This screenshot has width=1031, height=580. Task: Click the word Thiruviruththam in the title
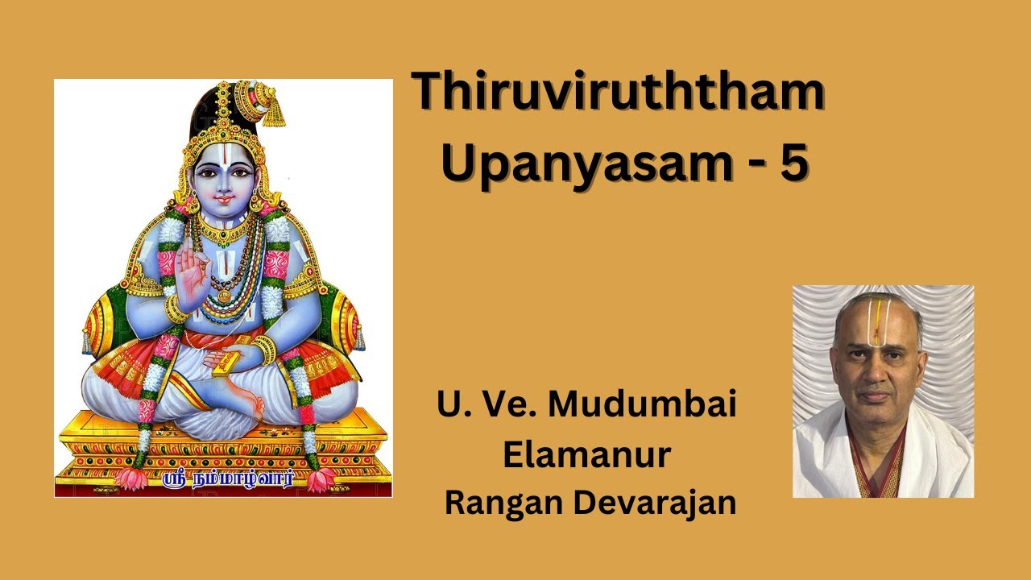pyautogui.click(x=619, y=93)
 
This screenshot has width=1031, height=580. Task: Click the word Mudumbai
pyautogui.click(x=642, y=404)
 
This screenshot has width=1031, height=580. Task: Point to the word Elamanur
pyautogui.click(x=587, y=454)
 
